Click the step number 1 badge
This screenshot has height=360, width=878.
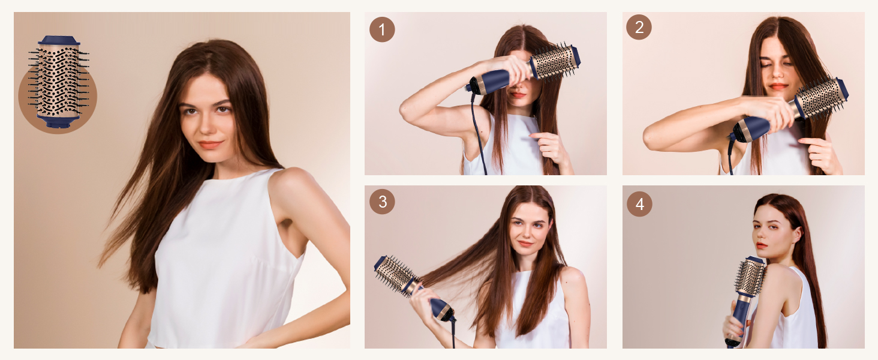click(382, 29)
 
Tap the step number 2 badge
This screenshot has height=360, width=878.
click(639, 28)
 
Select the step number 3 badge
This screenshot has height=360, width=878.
click(382, 202)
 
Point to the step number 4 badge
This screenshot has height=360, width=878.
click(639, 205)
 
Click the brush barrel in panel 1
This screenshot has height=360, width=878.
click(553, 62)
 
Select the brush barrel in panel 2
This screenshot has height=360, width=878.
click(819, 99)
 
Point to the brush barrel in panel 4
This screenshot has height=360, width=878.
click(751, 277)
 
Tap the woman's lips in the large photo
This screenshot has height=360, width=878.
click(210, 145)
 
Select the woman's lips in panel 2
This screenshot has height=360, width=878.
click(778, 86)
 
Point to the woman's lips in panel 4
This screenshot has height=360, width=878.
click(762, 245)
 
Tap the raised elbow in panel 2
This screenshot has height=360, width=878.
click(651, 139)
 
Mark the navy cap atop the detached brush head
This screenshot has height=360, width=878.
click(59, 41)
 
